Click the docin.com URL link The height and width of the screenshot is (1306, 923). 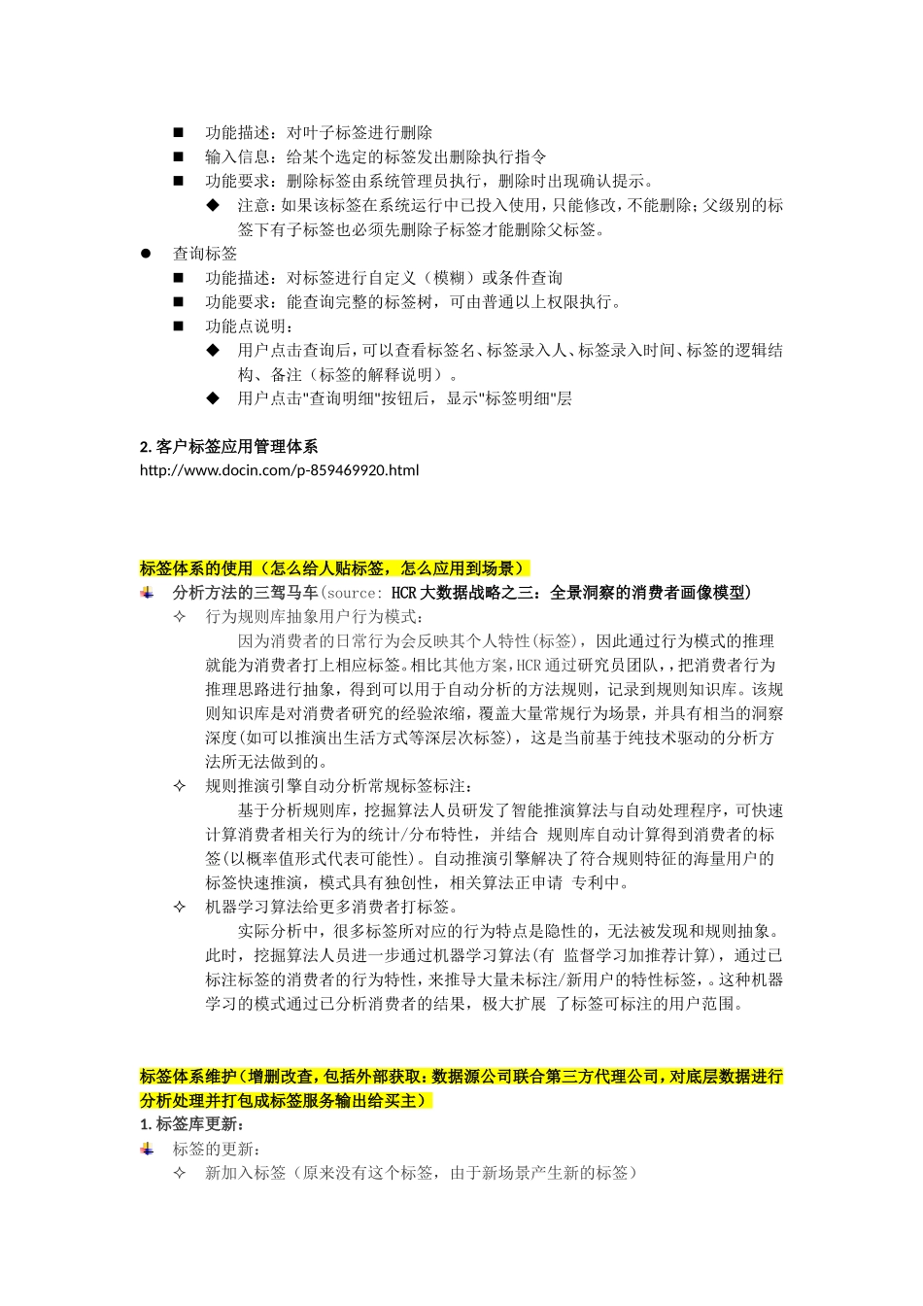tap(280, 470)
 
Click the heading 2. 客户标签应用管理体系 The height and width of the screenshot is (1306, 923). tap(229, 447)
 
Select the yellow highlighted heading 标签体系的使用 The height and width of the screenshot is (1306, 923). tap(334, 568)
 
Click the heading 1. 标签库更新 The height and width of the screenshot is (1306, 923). tap(199, 1124)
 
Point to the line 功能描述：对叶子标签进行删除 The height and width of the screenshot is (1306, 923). tap(319, 132)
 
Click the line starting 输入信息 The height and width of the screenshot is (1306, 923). tap(375, 156)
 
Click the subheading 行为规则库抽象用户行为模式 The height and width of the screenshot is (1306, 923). tap(315, 617)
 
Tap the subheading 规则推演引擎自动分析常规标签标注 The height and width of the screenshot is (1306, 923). tap(339, 786)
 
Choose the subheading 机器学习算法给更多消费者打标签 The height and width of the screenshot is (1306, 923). tap(331, 907)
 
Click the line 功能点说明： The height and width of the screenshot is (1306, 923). tap(250, 326)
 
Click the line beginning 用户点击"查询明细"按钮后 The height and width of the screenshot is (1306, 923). tap(404, 398)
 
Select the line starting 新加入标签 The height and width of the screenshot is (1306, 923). tap(421, 1173)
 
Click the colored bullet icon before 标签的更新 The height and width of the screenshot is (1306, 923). tap(148, 1149)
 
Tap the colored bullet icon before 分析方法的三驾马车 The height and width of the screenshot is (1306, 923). tap(148, 593)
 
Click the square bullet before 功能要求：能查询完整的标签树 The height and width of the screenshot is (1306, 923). tap(179, 302)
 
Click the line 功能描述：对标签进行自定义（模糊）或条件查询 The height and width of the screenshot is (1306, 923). tap(384, 278)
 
